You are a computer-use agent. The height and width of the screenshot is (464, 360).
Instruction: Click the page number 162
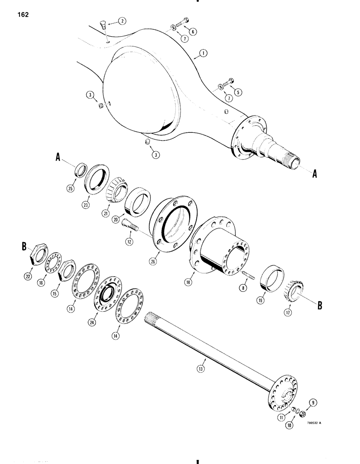22,15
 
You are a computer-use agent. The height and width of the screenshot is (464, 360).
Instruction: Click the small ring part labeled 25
81,168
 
